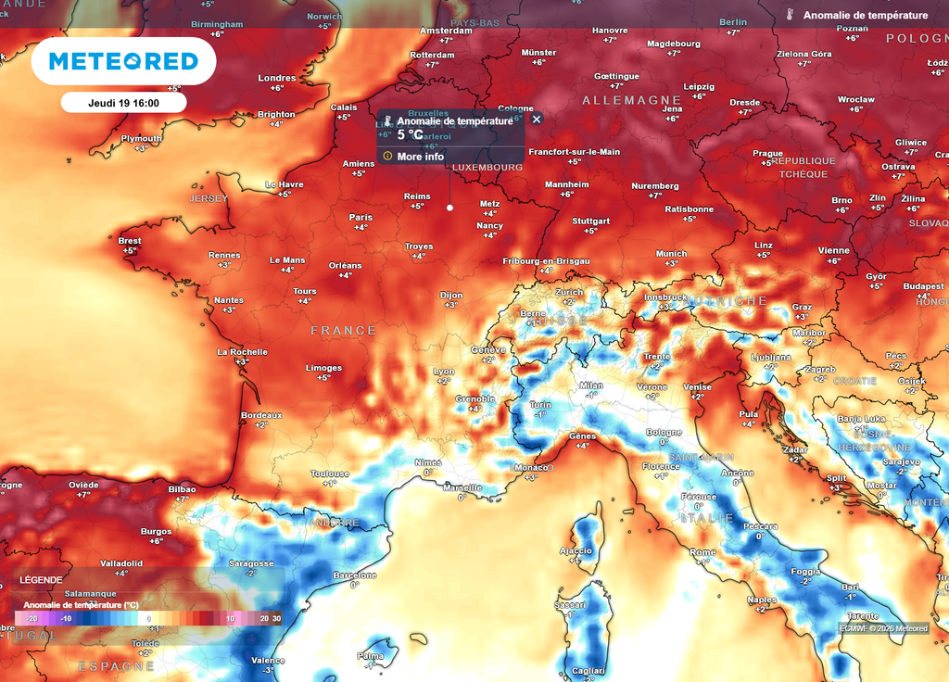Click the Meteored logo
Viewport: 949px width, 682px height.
(123, 61)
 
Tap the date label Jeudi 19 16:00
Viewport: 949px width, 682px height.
(124, 103)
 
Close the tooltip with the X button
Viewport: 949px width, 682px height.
(537, 120)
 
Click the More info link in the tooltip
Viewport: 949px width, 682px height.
(420, 157)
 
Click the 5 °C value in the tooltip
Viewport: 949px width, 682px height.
(410, 134)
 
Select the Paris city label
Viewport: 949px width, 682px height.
(361, 218)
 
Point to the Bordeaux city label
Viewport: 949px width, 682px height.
(260, 415)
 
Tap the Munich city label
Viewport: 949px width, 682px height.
(671, 254)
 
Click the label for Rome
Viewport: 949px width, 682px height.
(702, 552)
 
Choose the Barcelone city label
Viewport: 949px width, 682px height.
(355, 575)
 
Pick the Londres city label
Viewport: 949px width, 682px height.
(276, 78)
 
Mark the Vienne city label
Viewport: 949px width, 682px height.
(833, 250)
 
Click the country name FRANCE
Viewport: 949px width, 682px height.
(343, 331)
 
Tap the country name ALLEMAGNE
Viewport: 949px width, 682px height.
(631, 100)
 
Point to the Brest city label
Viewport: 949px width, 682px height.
(130, 241)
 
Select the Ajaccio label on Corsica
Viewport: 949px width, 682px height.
(576, 550)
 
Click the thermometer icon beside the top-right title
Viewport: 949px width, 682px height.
(791, 16)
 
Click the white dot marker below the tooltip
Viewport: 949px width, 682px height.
(449, 208)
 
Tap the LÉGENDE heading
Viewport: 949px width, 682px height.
(41, 580)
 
